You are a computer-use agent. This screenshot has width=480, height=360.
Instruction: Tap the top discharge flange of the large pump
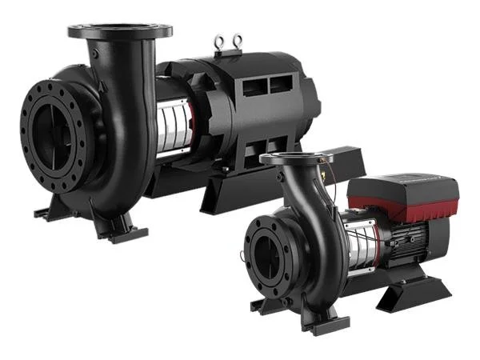[x=120, y=31]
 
